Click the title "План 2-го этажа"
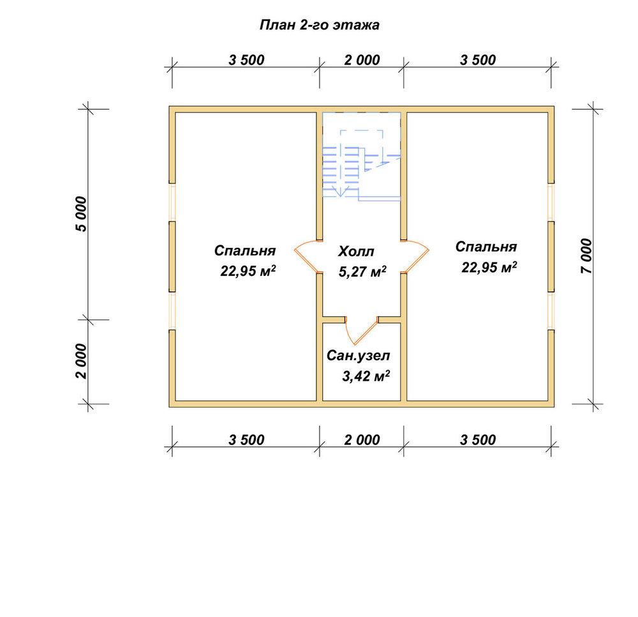pyautogui.click(x=320, y=26)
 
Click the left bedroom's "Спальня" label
pyautogui.click(x=245, y=250)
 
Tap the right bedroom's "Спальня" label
pyautogui.click(x=486, y=247)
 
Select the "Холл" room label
pyautogui.click(x=356, y=251)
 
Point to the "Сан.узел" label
pyautogui.click(x=358, y=356)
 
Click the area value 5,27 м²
pyautogui.click(x=362, y=271)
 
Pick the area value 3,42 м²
pyautogui.click(x=366, y=376)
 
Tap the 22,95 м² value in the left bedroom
pyautogui.click(x=248, y=270)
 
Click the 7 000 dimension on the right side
pyautogui.click(x=586, y=255)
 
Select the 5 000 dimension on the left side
pyautogui.click(x=81, y=214)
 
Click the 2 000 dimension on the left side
pyautogui.click(x=81, y=362)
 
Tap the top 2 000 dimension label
pyautogui.click(x=362, y=60)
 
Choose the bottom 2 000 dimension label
pyautogui.click(x=362, y=440)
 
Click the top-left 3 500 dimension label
pyautogui.click(x=246, y=60)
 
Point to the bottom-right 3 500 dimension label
pyautogui.click(x=478, y=440)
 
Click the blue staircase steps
pyautogui.click(x=341, y=172)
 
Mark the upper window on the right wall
pyautogui.click(x=551, y=202)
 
